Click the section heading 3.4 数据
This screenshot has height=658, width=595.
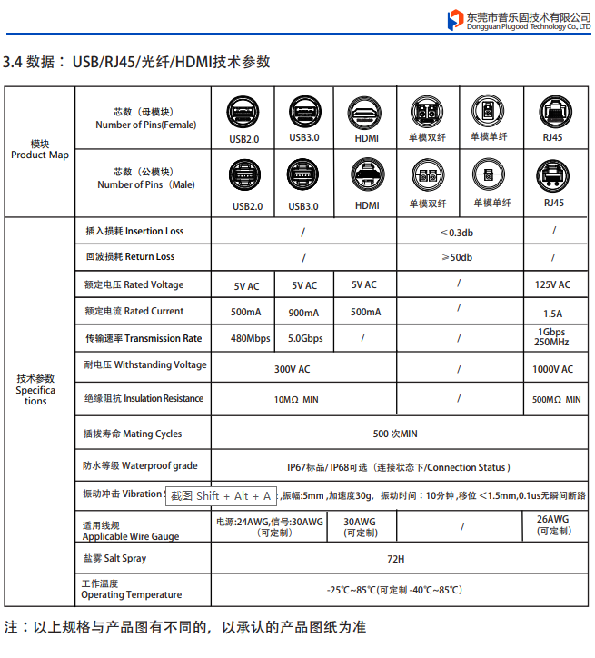(35, 62)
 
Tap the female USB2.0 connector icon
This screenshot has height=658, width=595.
(243, 112)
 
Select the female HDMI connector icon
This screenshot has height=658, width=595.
(366, 112)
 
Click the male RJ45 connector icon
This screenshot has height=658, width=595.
(553, 175)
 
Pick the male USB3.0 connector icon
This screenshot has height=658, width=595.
(303, 175)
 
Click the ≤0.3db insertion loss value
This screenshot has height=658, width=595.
(457, 232)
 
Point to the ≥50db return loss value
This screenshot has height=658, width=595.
(457, 257)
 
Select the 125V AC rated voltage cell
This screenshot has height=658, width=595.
(552, 284)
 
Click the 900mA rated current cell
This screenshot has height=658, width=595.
(303, 313)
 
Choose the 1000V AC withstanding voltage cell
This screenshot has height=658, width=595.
(552, 369)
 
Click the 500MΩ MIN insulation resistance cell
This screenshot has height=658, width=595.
(556, 399)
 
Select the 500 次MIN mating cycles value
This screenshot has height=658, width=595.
(395, 434)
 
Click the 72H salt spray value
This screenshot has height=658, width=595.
(395, 558)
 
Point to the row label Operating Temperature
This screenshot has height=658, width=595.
(131, 594)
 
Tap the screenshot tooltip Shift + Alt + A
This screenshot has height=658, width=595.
(221, 495)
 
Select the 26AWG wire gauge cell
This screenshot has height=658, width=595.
(552, 524)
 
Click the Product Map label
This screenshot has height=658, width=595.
(39, 155)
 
